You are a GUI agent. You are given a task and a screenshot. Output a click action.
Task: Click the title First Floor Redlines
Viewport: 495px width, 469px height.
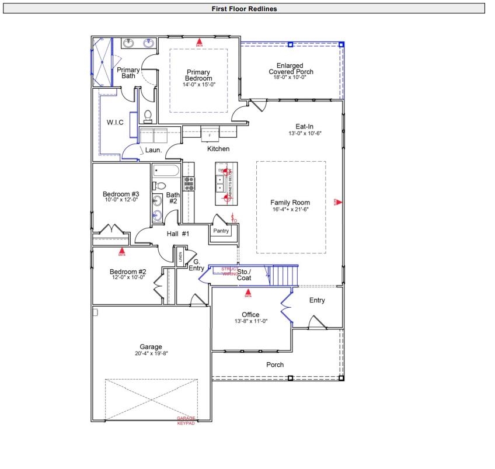pyautogui.click(x=245, y=9)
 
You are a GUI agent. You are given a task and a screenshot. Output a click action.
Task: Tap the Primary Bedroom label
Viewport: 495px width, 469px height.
pyautogui.click(x=198, y=75)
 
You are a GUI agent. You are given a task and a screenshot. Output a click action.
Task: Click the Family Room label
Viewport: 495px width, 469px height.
pyautogui.click(x=290, y=203)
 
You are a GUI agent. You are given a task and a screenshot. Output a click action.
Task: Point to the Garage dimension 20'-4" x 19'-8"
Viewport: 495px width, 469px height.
pyautogui.click(x=151, y=353)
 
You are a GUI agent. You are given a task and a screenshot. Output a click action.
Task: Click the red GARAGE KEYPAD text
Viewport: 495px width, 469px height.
pyautogui.click(x=186, y=421)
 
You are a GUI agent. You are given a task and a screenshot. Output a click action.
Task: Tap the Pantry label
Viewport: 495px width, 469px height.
pyautogui.click(x=221, y=231)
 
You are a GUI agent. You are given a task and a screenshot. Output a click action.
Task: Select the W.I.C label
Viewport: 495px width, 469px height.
pyautogui.click(x=114, y=123)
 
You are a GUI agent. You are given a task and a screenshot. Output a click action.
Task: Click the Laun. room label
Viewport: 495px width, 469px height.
pyautogui.click(x=154, y=150)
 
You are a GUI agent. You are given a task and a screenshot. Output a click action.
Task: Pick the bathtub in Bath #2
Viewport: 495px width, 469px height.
pyautogui.click(x=167, y=172)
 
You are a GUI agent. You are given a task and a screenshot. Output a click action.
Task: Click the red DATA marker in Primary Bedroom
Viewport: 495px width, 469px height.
pyautogui.click(x=199, y=41)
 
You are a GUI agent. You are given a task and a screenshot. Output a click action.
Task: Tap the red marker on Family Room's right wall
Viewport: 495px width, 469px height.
pyautogui.click(x=337, y=202)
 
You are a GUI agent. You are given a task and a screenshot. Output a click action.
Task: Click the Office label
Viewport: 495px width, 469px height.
pyautogui.click(x=250, y=315)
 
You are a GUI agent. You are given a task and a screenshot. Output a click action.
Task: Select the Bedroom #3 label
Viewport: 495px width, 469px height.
pyautogui.click(x=121, y=194)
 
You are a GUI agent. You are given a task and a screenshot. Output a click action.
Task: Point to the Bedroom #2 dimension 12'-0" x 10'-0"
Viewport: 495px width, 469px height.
pyautogui.click(x=128, y=277)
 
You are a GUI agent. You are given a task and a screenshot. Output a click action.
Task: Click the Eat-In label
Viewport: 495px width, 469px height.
pyautogui.click(x=305, y=126)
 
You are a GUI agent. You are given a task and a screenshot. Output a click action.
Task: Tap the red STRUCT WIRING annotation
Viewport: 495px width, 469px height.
pyautogui.click(x=229, y=271)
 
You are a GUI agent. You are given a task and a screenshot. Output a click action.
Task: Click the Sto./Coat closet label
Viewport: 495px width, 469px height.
pyautogui.click(x=244, y=275)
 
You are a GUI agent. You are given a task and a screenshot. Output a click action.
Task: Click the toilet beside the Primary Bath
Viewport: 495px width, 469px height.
pyautogui.click(x=147, y=114)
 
